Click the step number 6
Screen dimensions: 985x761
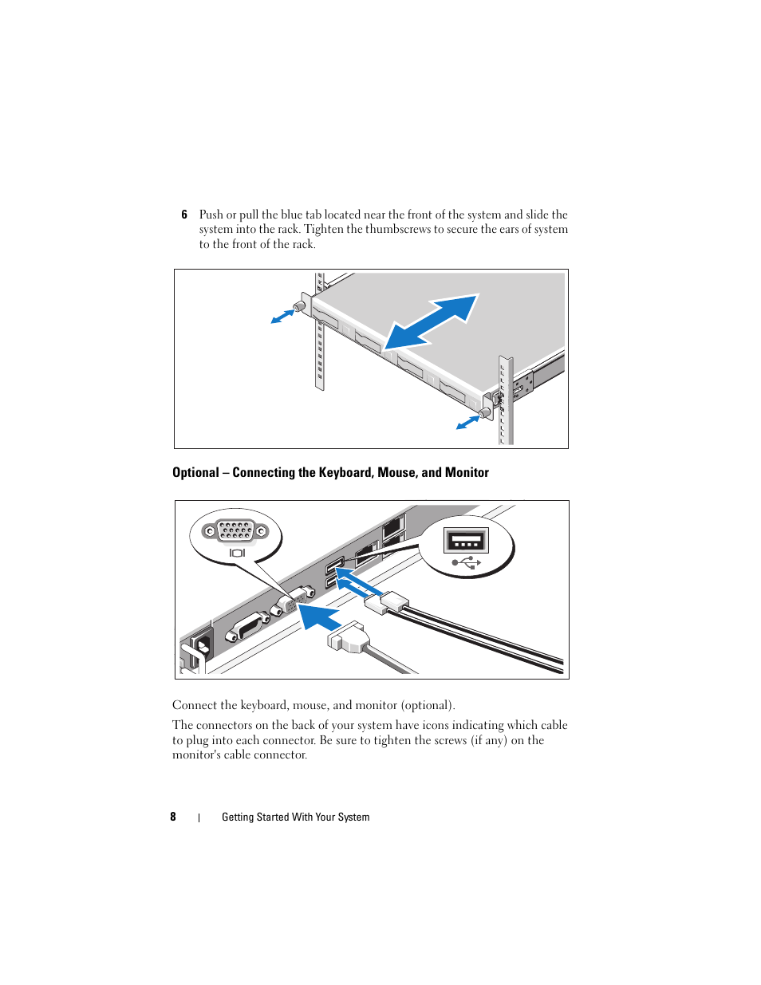point(184,215)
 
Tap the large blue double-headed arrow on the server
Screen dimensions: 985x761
point(432,321)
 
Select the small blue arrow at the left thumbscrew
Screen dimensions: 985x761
point(282,317)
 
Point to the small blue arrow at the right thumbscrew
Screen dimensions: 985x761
point(467,422)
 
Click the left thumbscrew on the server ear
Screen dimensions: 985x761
point(301,306)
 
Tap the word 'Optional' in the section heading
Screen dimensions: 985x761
point(195,472)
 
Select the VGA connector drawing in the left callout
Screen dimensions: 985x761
point(235,530)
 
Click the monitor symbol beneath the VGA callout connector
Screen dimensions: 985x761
point(237,553)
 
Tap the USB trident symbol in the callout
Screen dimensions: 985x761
point(467,562)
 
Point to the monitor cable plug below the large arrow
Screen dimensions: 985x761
point(350,638)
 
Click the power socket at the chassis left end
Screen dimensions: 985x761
point(199,645)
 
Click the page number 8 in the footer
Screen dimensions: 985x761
point(173,817)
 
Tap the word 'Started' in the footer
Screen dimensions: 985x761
point(272,817)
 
